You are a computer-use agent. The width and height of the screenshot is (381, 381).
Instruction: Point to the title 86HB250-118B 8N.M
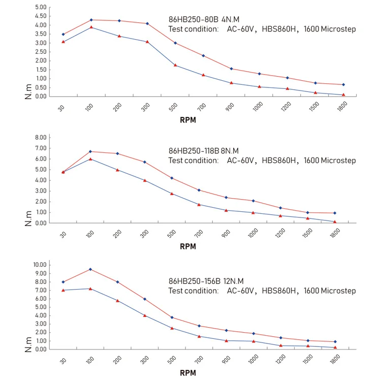(x=203, y=151)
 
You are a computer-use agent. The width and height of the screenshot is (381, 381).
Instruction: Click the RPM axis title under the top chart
(x=187, y=120)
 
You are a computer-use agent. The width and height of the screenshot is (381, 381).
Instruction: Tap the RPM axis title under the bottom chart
(x=187, y=372)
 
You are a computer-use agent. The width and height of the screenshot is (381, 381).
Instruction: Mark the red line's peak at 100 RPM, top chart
(x=91, y=20)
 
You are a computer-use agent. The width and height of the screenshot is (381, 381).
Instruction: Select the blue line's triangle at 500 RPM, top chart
(x=175, y=65)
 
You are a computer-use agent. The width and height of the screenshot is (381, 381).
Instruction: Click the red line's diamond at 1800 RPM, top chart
(x=343, y=84)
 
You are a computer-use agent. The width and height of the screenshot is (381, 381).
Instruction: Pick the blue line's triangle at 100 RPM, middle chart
(x=91, y=159)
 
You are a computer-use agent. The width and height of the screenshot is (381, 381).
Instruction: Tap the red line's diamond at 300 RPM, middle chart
(x=145, y=162)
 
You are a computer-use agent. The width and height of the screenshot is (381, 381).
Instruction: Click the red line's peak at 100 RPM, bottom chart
(x=91, y=269)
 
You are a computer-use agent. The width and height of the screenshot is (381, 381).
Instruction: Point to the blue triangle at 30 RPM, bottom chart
(x=63, y=290)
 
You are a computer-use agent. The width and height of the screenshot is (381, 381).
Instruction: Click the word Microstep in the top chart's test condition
(x=338, y=29)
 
